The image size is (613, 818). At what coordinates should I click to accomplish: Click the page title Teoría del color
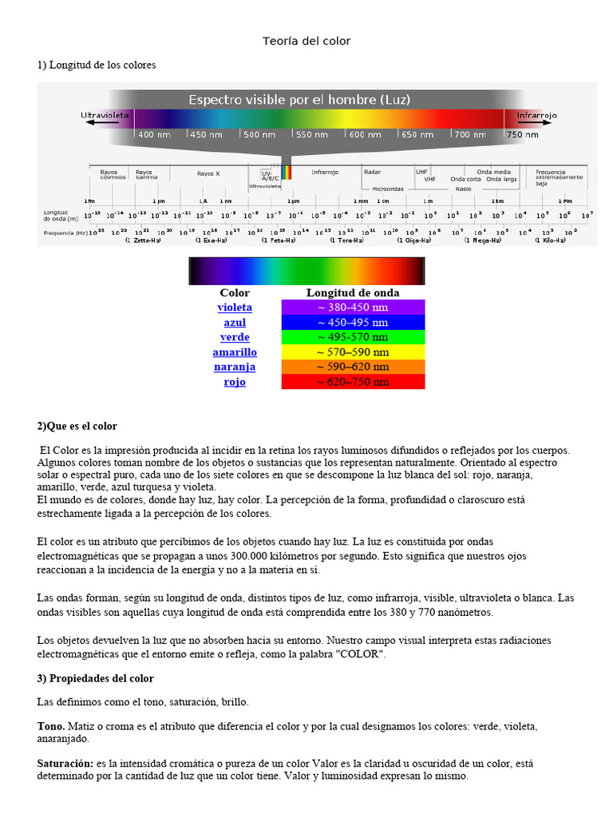pyautogui.click(x=306, y=41)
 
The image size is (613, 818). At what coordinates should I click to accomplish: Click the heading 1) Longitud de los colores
pyautogui.click(x=97, y=65)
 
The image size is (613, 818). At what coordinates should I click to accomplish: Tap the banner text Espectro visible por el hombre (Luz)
pyautogui.click(x=299, y=100)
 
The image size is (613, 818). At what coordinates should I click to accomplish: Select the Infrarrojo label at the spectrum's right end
pyautogui.click(x=536, y=116)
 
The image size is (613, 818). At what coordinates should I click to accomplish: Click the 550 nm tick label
pyautogui.click(x=312, y=135)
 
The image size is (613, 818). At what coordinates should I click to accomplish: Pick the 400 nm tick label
pyautogui.click(x=155, y=135)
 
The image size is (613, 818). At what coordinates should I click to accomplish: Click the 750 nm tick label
pyautogui.click(x=523, y=135)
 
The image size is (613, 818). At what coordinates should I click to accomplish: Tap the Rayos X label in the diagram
pyautogui.click(x=208, y=173)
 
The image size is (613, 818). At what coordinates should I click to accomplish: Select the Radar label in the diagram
pyautogui.click(x=372, y=172)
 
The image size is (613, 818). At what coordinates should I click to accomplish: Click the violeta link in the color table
pyautogui.click(x=235, y=308)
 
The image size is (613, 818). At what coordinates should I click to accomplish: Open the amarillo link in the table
pyautogui.click(x=235, y=352)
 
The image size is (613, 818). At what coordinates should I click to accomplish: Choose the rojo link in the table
pyautogui.click(x=235, y=382)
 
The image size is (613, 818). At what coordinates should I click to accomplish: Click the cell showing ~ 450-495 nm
pyautogui.click(x=353, y=323)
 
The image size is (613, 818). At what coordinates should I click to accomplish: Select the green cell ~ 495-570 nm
pyautogui.click(x=353, y=337)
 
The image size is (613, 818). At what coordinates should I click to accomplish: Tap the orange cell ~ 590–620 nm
pyautogui.click(x=353, y=367)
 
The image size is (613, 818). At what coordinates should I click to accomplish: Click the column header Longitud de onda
pyautogui.click(x=353, y=293)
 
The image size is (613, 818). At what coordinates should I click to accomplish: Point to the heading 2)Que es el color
pyautogui.click(x=77, y=427)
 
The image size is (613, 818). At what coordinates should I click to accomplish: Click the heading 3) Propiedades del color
pyautogui.click(x=96, y=678)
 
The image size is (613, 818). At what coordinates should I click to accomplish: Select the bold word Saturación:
pyautogui.click(x=65, y=764)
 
